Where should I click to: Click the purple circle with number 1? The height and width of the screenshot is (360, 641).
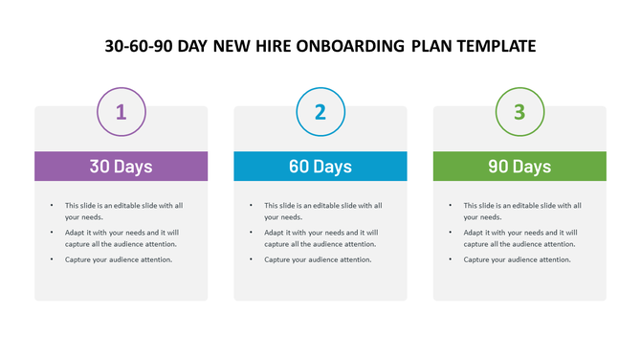(122, 111)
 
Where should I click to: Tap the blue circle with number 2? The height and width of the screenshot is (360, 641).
(320, 111)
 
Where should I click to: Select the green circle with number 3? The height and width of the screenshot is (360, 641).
(519, 111)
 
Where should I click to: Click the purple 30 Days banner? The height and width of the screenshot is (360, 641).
(122, 166)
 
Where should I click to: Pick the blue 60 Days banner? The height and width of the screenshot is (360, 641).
(320, 166)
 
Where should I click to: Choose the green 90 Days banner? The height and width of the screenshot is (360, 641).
(519, 166)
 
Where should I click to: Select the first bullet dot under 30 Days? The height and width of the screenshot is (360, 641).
(52, 205)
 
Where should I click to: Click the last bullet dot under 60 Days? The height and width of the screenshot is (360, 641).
(251, 259)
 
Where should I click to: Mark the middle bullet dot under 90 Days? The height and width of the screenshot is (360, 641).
(451, 233)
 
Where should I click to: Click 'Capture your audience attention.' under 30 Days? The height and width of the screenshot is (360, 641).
(119, 259)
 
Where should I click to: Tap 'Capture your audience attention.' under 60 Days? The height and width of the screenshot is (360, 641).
(318, 259)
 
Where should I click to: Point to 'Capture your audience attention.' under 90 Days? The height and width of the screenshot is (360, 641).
(518, 259)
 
